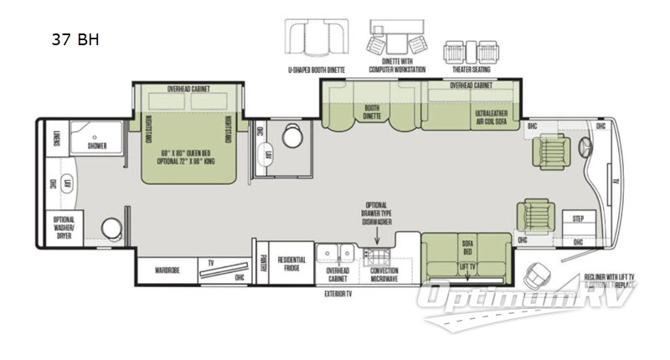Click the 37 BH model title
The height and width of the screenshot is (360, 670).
75,39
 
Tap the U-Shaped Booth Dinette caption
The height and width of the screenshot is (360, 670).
317,71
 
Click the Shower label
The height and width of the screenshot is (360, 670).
96,146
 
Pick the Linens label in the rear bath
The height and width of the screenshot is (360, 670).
57,140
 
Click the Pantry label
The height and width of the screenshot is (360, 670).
262,265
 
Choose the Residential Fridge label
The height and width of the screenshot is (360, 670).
291,264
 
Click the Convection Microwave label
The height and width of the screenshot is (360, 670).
379,275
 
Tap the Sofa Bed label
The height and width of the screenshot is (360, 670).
468,246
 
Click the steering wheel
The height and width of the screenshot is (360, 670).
584,147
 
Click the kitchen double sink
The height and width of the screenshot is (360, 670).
338,252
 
